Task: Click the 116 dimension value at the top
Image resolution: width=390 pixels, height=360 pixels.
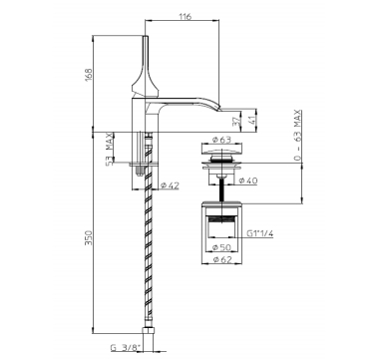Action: pos(185,16)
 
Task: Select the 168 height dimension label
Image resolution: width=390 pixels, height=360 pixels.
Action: pos(88,76)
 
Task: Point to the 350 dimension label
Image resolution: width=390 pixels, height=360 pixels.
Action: pos(88,237)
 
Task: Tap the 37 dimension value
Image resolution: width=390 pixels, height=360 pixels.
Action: pos(236,122)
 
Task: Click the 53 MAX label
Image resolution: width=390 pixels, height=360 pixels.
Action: pos(109,149)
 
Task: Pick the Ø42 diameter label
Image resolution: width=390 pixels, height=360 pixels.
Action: pos(170,185)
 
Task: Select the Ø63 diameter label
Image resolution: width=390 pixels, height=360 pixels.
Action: pos(221,140)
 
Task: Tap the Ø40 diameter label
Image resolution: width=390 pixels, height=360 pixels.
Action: pos(248,180)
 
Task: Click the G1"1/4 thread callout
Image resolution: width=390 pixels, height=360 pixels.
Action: pos(260,233)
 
